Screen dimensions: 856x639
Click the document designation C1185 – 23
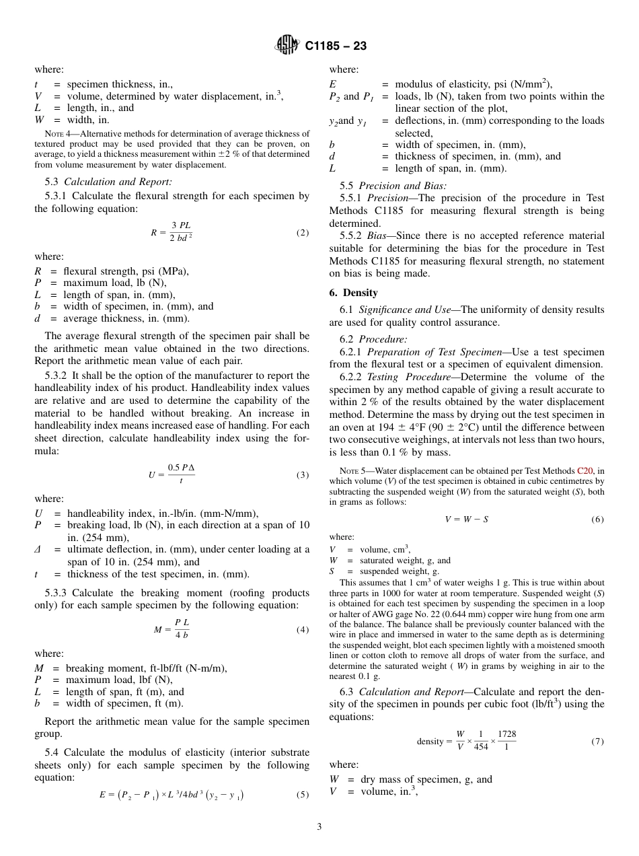point(336,46)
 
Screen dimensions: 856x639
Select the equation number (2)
point(302,233)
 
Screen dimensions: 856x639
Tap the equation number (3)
point(302,474)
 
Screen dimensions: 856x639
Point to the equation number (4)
point(302,630)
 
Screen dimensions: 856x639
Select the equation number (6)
point(597,520)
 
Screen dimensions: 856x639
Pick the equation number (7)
point(597,742)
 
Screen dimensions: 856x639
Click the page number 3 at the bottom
point(319,827)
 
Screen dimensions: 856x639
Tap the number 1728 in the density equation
point(507,734)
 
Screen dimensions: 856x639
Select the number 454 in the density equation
point(480,747)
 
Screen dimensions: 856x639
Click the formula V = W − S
point(467,520)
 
